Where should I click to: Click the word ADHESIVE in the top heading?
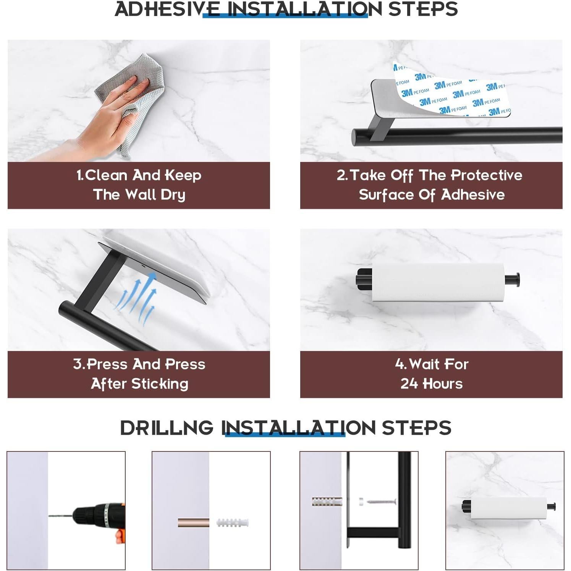click(x=167, y=9)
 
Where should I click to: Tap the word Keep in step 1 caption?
click(x=183, y=175)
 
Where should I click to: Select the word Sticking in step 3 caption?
click(x=160, y=384)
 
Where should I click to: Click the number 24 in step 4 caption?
click(x=408, y=383)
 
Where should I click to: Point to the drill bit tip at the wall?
click(x=49, y=516)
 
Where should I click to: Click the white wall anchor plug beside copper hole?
click(x=233, y=522)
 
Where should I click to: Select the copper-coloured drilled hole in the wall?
click(x=193, y=522)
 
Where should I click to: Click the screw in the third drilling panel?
click(x=381, y=501)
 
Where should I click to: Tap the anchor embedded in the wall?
click(x=327, y=501)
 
